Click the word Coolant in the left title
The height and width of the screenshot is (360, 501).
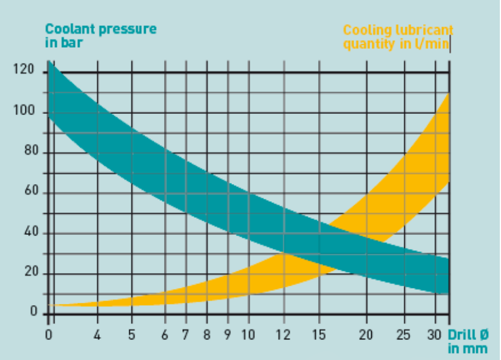tap(67, 29)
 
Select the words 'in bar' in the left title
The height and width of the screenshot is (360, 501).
tap(63, 42)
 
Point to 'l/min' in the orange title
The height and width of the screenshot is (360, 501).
tap(435, 44)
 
